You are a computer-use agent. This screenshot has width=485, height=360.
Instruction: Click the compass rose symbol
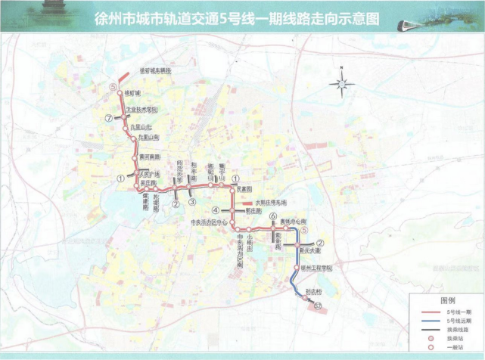(x=343, y=83)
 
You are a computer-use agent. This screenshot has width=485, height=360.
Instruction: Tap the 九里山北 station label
(x=141, y=127)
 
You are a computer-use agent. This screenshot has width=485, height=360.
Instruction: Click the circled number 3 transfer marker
(x=192, y=202)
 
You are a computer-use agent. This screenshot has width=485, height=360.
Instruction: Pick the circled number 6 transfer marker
(x=272, y=217)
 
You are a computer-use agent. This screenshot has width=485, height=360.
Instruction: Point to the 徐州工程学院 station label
(x=317, y=268)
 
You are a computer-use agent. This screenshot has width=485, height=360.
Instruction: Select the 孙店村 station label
(x=314, y=291)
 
